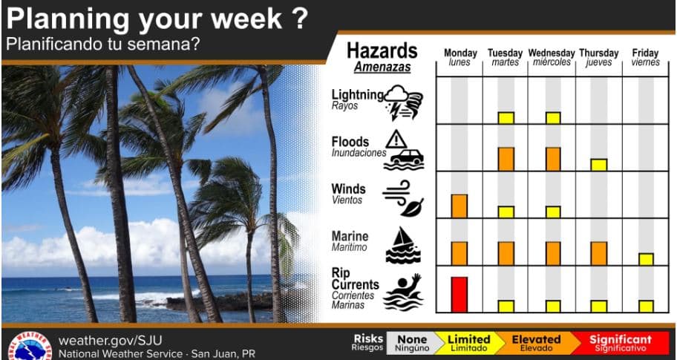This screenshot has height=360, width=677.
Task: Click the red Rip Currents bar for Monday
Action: (459, 295)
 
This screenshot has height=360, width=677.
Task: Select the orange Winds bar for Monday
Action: (459, 206)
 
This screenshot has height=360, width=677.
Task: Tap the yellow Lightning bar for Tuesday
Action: (506, 118)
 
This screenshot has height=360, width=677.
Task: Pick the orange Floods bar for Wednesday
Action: (553, 159)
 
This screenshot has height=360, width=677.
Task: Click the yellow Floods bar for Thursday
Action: (599, 165)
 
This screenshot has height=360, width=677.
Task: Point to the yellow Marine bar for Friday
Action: (646, 259)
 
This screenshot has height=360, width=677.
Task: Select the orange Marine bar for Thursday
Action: (599, 253)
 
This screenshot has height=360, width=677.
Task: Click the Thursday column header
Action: (599, 57)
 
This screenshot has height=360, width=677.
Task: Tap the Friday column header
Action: (646, 57)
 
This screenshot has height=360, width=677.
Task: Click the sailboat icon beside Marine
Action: (403, 245)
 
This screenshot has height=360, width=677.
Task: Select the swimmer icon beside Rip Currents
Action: (402, 292)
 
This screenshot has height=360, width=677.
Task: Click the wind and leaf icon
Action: (403, 198)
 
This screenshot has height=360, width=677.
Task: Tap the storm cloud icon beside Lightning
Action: (403, 102)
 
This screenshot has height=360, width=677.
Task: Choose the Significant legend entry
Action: (621, 343)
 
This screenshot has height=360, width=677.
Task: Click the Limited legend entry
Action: (469, 343)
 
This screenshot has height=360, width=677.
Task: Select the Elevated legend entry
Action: (536, 343)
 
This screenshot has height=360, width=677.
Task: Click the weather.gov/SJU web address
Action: (110, 340)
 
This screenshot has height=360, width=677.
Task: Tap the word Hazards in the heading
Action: (382, 51)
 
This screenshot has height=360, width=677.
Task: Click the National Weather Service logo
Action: (30, 346)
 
